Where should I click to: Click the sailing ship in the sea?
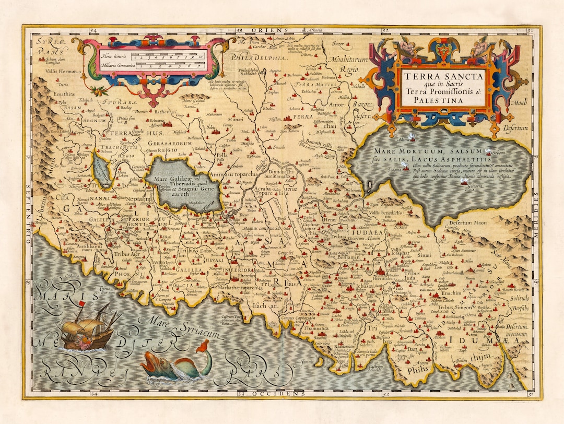(86, 326)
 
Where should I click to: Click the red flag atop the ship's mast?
(81, 304)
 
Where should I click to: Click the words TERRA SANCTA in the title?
(443, 76)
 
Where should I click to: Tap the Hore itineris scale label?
(114, 56)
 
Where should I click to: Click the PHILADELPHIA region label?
(260, 58)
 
